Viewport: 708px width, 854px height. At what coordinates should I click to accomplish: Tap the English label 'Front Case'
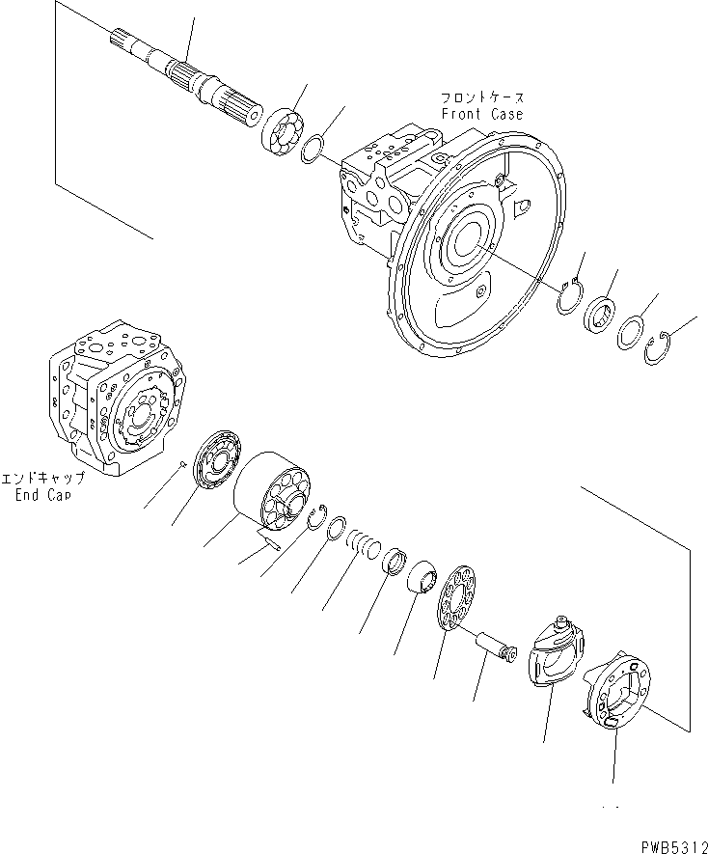[x=482, y=114]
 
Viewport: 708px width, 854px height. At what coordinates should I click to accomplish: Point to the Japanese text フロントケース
[x=482, y=98]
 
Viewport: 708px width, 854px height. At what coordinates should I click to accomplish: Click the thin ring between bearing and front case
[x=313, y=150]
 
